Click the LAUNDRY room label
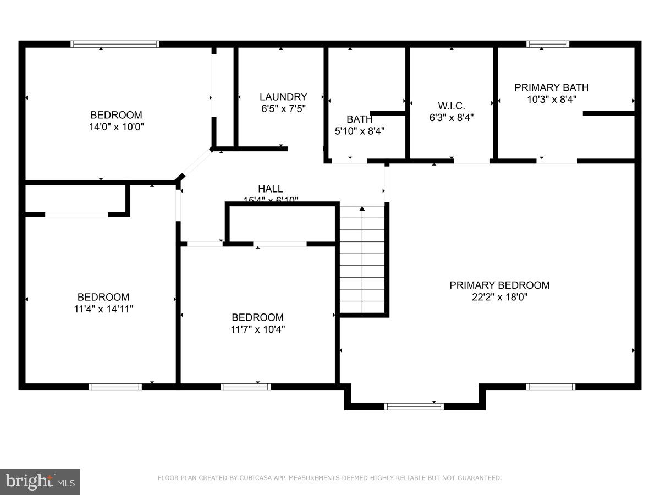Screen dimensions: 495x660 coord(283,97)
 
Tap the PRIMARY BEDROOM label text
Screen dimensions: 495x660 coord(499,285)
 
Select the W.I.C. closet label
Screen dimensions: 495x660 coord(451,105)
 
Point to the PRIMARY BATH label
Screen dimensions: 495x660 coord(551,87)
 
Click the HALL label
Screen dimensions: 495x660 coord(271,189)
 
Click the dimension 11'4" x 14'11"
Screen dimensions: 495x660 coord(103,309)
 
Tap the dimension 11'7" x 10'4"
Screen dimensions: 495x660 coord(257,329)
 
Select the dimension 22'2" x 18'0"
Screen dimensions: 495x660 coord(499,297)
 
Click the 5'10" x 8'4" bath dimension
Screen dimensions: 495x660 coord(360,131)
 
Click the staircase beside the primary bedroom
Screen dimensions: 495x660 coord(362,258)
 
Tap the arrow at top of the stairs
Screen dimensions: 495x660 coord(362,208)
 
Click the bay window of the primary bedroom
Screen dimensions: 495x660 coord(414,406)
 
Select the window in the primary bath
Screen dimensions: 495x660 coord(547,44)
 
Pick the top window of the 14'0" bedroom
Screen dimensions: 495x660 coord(115,44)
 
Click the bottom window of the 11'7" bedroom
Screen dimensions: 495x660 coord(245,387)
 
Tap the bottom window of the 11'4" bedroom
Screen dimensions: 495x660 coord(116,387)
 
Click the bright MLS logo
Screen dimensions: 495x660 coord(40,481)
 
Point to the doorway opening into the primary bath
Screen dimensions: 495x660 coord(557,161)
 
